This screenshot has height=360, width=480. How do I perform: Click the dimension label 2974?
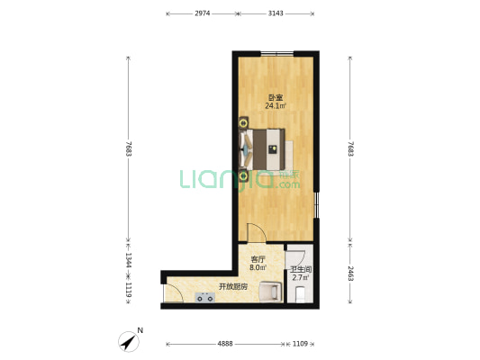click(203, 13)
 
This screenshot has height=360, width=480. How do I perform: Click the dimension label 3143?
click(276, 13)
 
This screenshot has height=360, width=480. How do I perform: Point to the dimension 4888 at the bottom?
click(225, 344)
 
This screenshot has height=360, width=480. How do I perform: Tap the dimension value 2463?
click(350, 274)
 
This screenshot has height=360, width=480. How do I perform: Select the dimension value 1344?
click(129, 260)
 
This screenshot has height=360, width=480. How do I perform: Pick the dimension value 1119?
click(129, 290)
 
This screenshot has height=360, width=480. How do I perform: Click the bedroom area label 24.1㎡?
click(276, 106)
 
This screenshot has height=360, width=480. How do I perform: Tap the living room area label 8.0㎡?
click(258, 267)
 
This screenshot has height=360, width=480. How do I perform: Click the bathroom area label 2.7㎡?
click(300, 278)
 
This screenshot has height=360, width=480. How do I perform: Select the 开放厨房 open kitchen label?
click(233, 286)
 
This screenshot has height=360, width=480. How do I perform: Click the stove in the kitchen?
click(204, 297)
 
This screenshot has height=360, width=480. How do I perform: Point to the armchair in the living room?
click(270, 292)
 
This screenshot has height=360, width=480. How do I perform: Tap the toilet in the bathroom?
click(300, 294)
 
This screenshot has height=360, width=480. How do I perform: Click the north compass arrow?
click(129, 341)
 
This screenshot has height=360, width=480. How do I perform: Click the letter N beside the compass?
click(140, 330)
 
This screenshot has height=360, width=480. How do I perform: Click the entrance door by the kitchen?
click(173, 293)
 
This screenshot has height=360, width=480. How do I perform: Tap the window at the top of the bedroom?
click(277, 54)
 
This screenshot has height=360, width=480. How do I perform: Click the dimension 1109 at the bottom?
click(300, 344)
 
